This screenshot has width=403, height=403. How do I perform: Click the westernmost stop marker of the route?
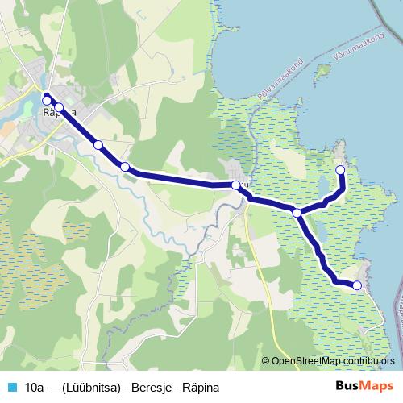pyautogui.click(x=47, y=99)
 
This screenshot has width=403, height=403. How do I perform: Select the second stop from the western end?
pyautogui.click(x=59, y=107)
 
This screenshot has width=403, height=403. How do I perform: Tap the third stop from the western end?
pyautogui.click(x=98, y=145)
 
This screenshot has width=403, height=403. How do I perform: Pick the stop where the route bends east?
pyautogui.click(x=125, y=167)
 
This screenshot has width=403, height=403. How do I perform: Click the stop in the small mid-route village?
pyautogui.click(x=236, y=185)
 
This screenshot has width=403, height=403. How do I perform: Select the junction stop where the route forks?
pyautogui.click(x=297, y=213)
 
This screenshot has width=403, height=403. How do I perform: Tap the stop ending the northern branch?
pyautogui.click(x=340, y=170)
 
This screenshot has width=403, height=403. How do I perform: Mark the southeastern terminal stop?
pyautogui.click(x=357, y=285)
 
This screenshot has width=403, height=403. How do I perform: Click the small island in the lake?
pyautogui.click(x=323, y=71)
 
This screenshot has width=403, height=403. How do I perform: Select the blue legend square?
pyautogui.click(x=12, y=387)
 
